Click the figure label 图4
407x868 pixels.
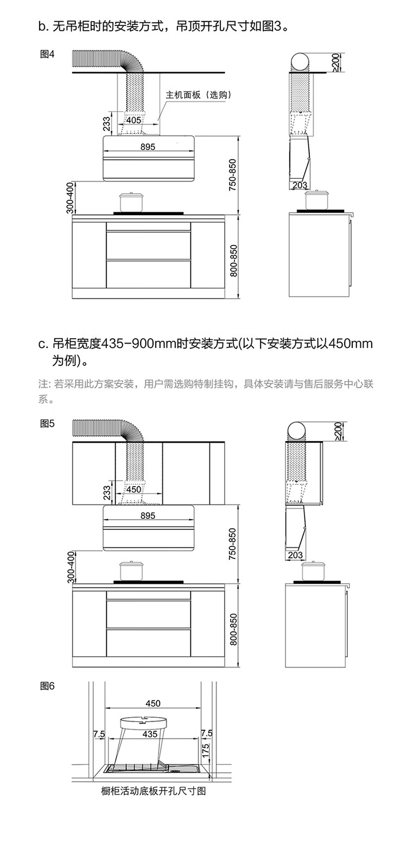[x=48, y=54]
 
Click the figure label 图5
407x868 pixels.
[x=48, y=424]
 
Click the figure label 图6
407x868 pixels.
[x=48, y=686]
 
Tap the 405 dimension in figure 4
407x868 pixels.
[x=133, y=120]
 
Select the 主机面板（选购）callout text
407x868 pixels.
[x=199, y=95]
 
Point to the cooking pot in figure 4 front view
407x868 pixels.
[x=131, y=202]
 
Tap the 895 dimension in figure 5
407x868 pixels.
[x=148, y=515]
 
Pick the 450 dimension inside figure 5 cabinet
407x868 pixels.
[x=133, y=489]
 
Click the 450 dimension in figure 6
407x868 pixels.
[x=153, y=703]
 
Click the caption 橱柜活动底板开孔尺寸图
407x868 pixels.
[x=154, y=792]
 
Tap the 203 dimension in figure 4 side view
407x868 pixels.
[x=300, y=185]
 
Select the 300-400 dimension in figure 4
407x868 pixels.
[x=69, y=198]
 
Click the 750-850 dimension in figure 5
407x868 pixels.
[x=232, y=543]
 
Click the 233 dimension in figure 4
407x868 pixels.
[x=107, y=124]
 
